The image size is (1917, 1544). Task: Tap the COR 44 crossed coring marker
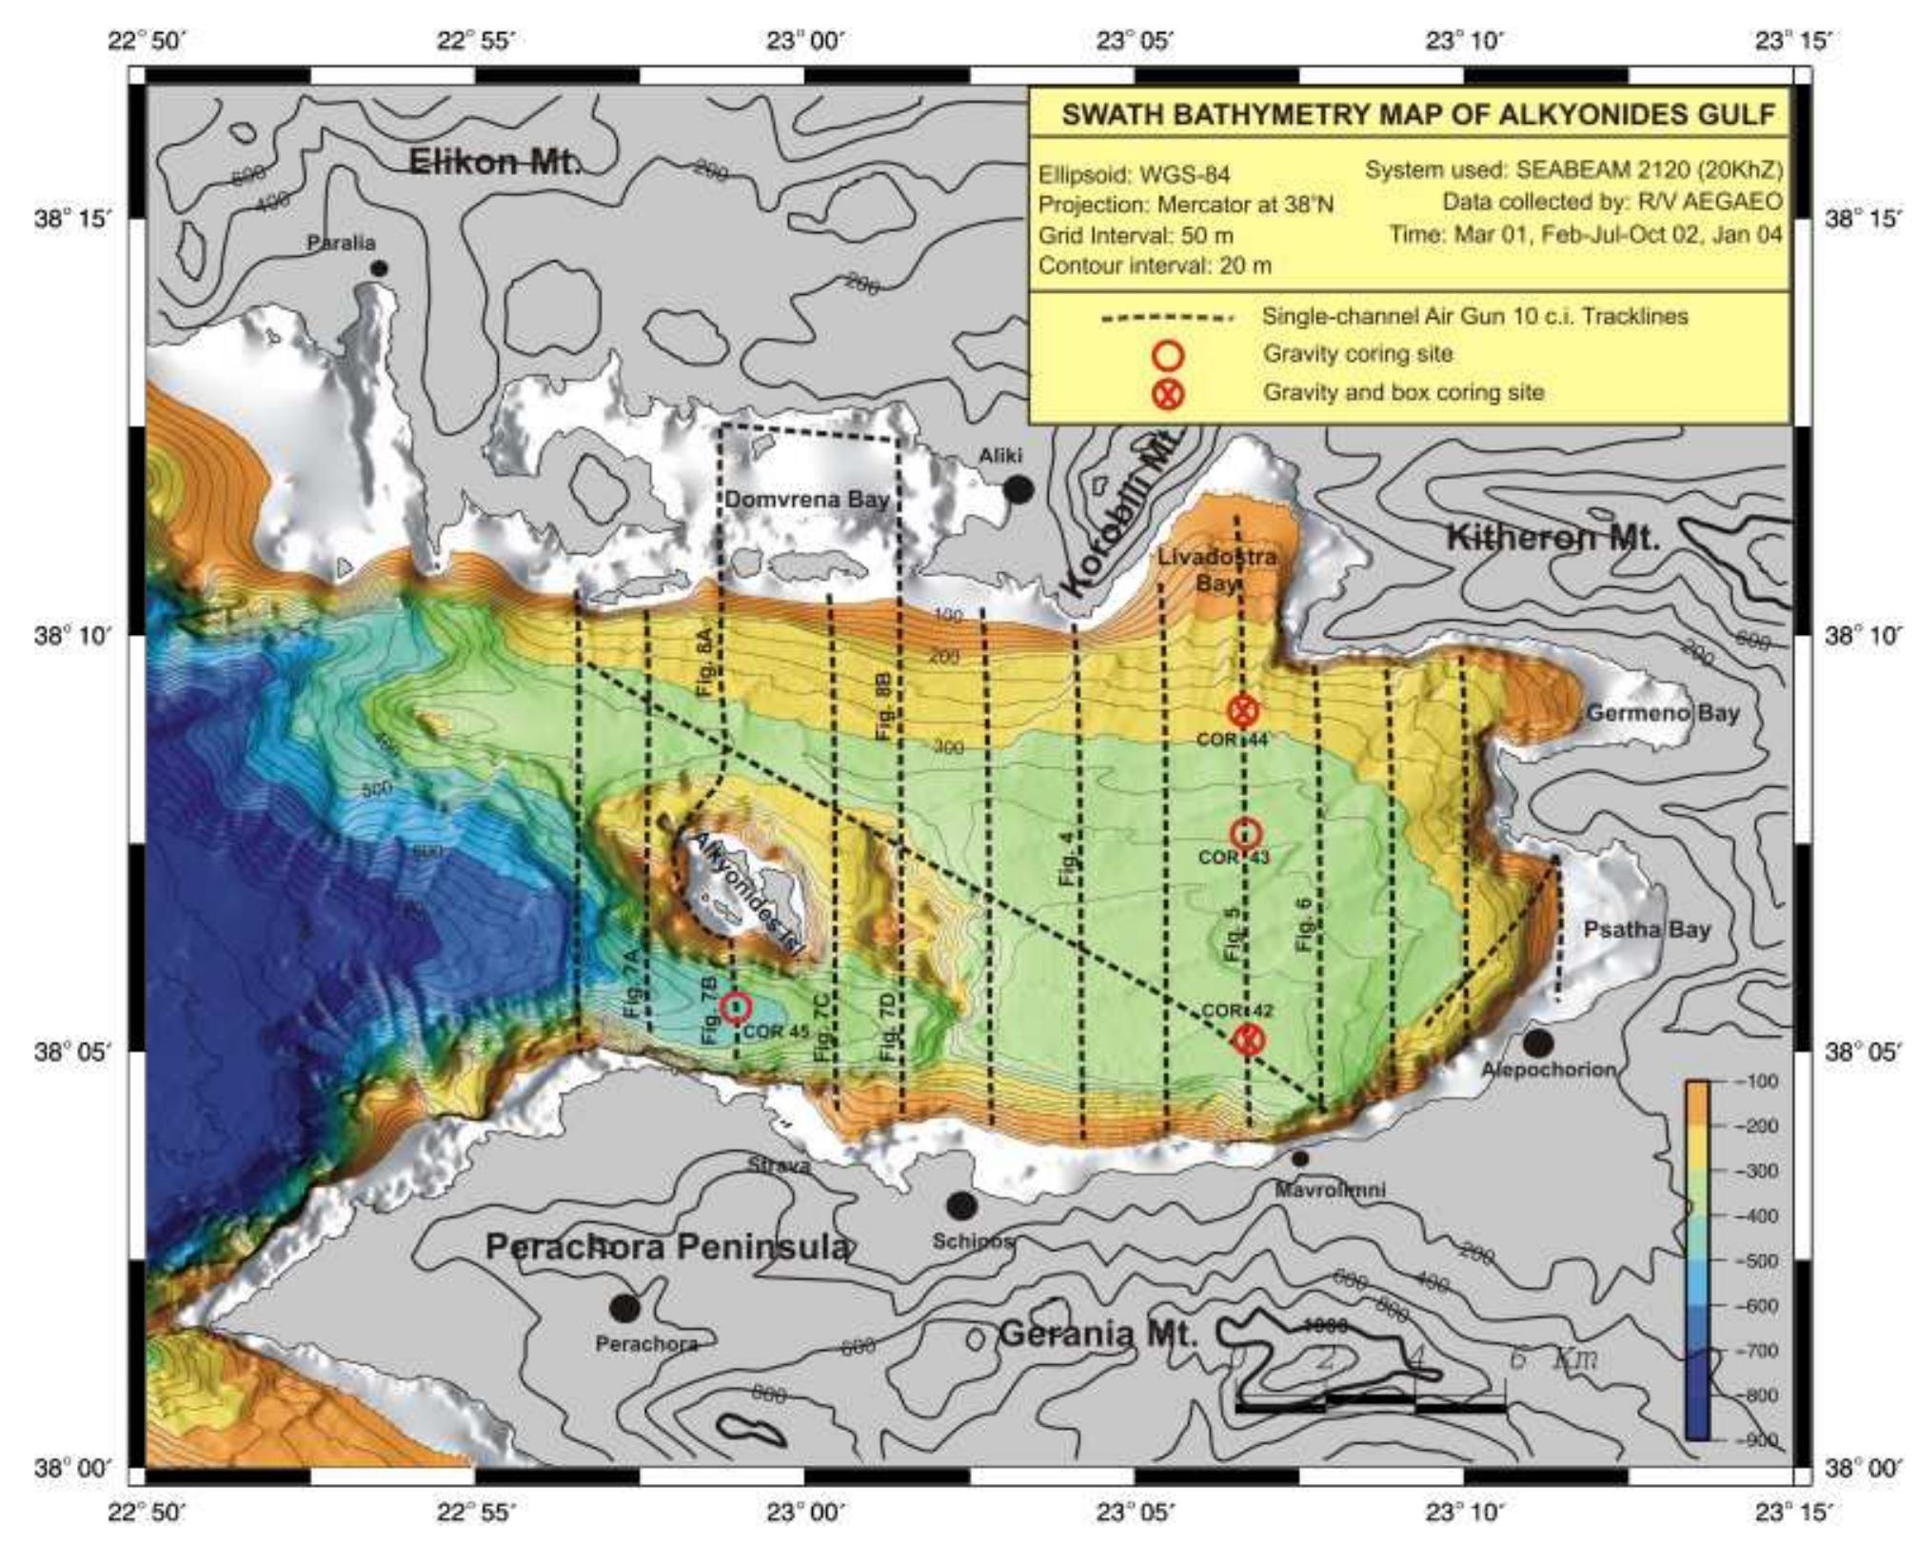(1243, 710)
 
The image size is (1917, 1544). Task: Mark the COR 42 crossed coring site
(1249, 1039)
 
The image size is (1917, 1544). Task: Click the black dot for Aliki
(1018, 490)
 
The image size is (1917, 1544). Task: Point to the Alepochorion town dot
(1538, 1043)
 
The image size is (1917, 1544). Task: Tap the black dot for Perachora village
(624, 1308)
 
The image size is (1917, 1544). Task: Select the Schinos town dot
(961, 1206)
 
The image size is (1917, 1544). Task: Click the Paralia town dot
(379, 268)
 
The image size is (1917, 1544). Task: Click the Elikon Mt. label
(493, 162)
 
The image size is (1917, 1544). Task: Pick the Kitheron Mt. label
(1552, 539)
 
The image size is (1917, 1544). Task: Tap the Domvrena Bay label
(807, 500)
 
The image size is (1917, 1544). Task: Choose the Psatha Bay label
(1647, 930)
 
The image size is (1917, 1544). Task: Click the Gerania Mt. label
(1097, 1335)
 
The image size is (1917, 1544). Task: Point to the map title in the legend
(1418, 115)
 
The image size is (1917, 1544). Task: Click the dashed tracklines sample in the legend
(1167, 318)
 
